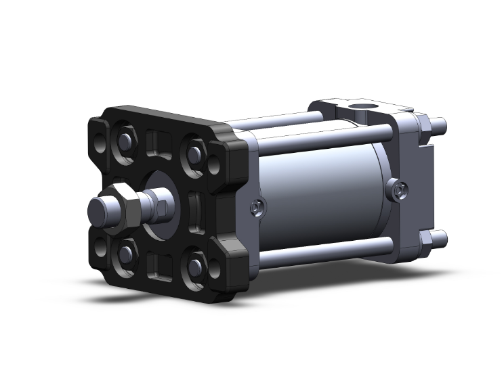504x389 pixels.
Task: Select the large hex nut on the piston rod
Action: (x=125, y=204)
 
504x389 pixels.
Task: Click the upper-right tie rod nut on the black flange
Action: (x=195, y=153)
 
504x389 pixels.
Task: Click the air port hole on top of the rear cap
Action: (x=358, y=106)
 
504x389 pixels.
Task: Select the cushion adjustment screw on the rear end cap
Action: (x=399, y=190)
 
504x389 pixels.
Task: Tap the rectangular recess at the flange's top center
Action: (x=160, y=142)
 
